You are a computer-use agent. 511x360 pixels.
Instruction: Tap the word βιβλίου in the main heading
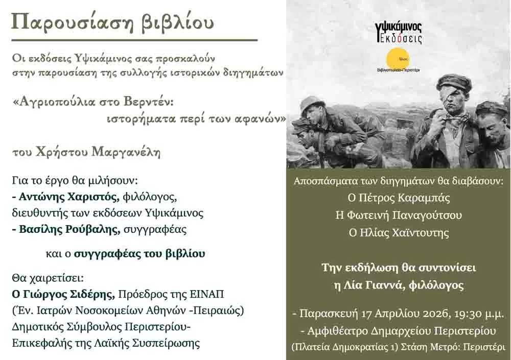[x=177, y=23]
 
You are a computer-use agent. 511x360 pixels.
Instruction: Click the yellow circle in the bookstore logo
[x=398, y=59]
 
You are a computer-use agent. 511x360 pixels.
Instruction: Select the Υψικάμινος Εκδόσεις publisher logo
[x=399, y=33]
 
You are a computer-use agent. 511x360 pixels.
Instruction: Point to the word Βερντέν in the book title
[x=149, y=102]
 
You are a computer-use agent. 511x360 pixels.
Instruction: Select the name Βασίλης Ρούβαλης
[x=69, y=229]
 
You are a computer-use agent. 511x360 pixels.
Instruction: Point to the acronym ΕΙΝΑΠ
[x=206, y=294]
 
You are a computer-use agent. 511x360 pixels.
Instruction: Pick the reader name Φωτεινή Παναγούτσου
[x=405, y=215]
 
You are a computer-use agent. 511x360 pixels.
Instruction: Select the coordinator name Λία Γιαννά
[x=378, y=285]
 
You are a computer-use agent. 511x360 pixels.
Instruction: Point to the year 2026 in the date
[x=436, y=314]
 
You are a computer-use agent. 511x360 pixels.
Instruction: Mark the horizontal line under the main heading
[x=134, y=40]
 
